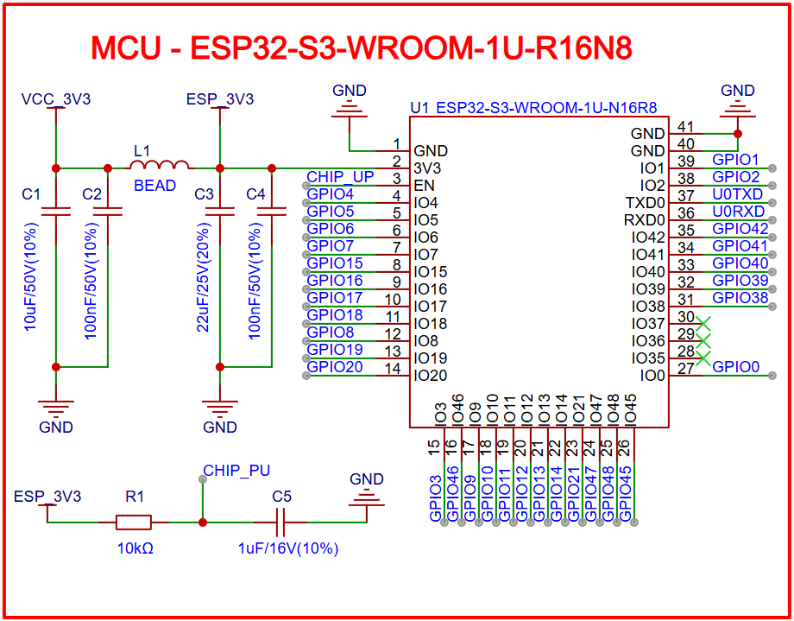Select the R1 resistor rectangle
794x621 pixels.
click(x=134, y=522)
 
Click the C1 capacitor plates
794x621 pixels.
click(x=56, y=210)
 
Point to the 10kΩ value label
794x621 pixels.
click(x=135, y=548)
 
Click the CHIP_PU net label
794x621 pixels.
click(x=236, y=471)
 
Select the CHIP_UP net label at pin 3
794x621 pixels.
click(x=340, y=177)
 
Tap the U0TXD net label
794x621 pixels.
click(x=738, y=194)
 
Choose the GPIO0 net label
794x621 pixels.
click(x=736, y=367)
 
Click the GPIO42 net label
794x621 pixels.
click(x=740, y=229)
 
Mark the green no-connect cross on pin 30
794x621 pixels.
click(x=703, y=323)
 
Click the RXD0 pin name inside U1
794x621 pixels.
click(x=645, y=220)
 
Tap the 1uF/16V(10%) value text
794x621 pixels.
click(x=288, y=548)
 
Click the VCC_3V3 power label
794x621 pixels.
click(x=56, y=99)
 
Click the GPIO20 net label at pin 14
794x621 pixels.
click(x=335, y=367)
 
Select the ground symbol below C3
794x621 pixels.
click(x=220, y=406)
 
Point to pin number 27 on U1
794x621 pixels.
click(x=686, y=369)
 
